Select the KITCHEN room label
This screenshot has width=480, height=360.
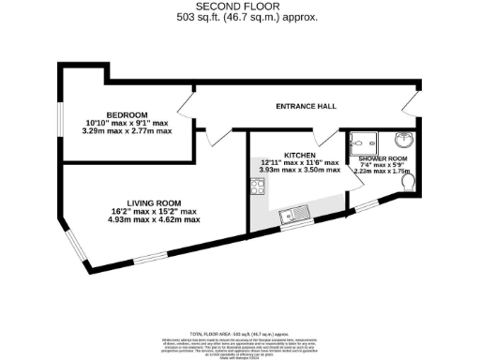[x=298, y=153]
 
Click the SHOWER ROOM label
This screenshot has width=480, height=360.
[x=381, y=159]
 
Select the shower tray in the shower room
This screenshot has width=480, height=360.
[x=361, y=142]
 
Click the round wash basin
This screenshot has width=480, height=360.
[x=405, y=141]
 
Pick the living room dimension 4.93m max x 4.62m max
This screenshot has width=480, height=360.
[x=154, y=219]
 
